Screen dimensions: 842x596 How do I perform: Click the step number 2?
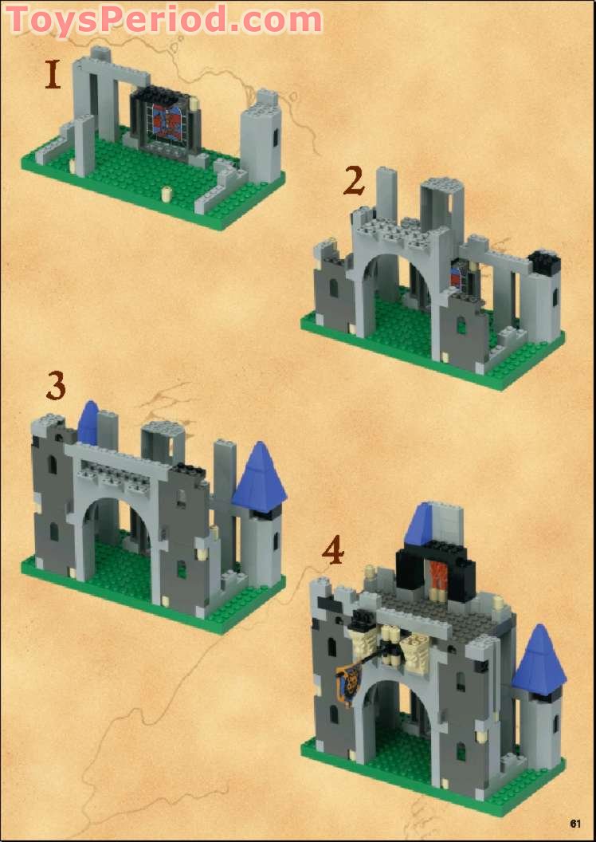[355, 181]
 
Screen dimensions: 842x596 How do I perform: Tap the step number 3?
[55, 386]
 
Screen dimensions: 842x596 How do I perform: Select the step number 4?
[333, 551]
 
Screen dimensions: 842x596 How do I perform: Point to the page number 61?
[576, 824]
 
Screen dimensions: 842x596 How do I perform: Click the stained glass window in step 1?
[165, 125]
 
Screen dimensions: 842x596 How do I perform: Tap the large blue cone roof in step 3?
[259, 476]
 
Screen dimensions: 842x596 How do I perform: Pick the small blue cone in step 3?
[88, 423]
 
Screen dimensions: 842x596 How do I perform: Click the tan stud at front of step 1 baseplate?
[167, 193]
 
